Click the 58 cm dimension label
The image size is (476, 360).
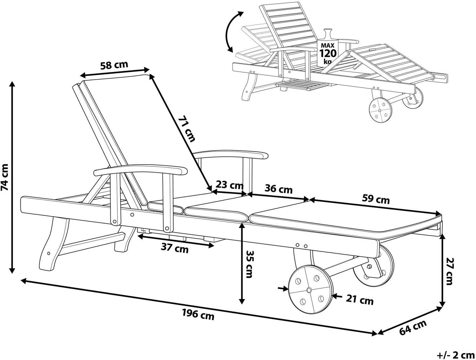click(114, 65)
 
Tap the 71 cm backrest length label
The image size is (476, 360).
click(186, 129)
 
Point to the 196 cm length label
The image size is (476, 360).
click(198, 315)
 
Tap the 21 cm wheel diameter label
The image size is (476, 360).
click(360, 300)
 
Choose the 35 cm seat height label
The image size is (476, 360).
click(250, 264)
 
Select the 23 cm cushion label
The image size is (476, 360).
click(229, 185)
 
